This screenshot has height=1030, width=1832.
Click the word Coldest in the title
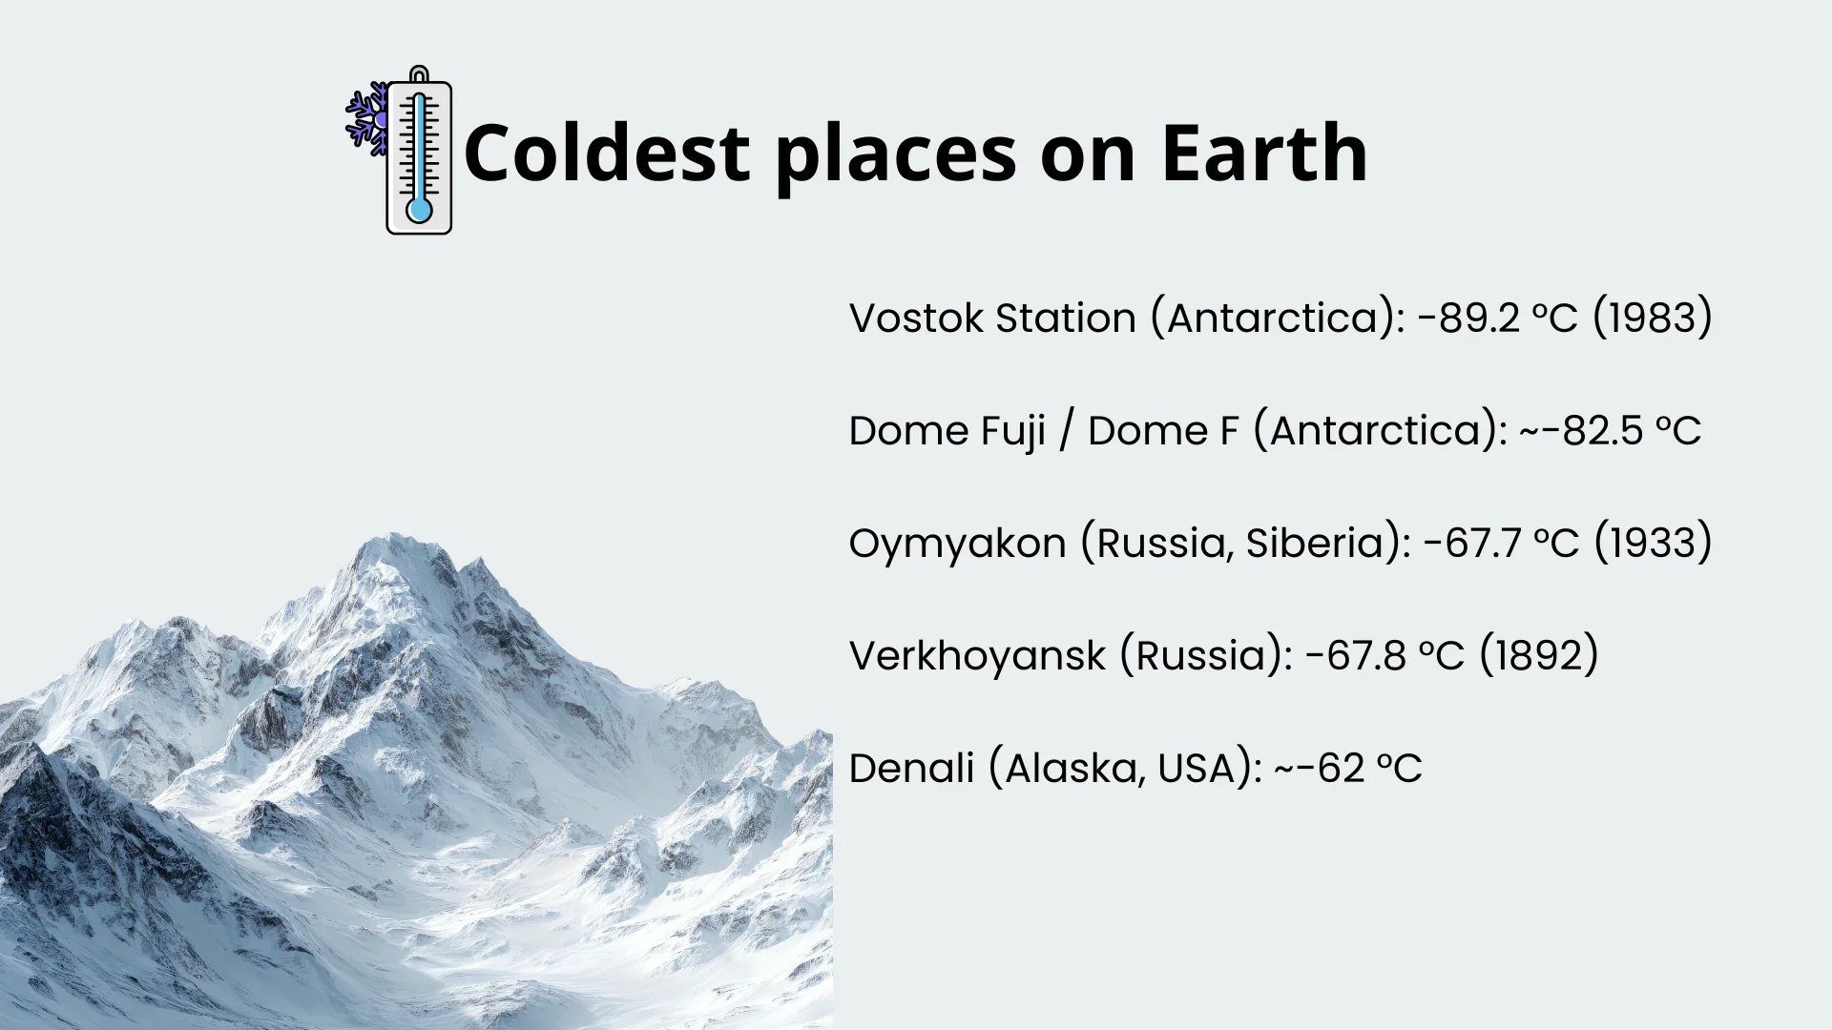(607, 153)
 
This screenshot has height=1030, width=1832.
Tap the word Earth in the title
(1264, 153)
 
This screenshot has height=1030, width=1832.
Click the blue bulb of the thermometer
(419, 210)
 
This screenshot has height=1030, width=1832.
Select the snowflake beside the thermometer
(367, 119)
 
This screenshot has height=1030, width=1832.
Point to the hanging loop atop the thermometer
(419, 74)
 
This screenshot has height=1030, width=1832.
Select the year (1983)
(1653, 318)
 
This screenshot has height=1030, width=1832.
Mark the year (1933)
(1653, 543)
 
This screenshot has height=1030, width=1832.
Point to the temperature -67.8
(1355, 655)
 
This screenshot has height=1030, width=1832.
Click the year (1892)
(1538, 655)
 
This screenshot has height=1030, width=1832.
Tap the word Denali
(911, 768)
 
